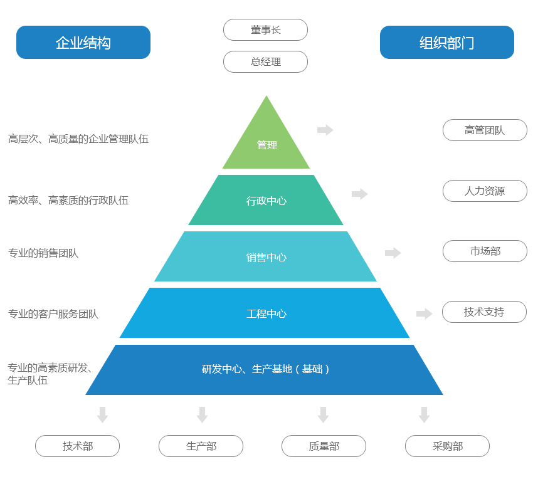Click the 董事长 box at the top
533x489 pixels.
[x=265, y=29]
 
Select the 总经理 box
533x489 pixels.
[x=265, y=61]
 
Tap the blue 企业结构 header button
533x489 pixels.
[x=83, y=43]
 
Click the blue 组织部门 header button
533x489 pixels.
[x=447, y=43]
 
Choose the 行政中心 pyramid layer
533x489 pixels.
[x=266, y=201]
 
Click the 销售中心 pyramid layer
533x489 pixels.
[x=266, y=257]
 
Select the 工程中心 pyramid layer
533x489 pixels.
[x=266, y=313]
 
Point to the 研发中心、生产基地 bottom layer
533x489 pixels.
[x=265, y=369]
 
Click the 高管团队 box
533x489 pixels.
[x=485, y=130]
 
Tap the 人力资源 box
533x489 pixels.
[x=485, y=191]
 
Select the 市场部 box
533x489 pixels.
[x=485, y=251]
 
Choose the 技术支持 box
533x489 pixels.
[x=484, y=312]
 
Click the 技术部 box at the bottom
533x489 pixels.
[x=77, y=446]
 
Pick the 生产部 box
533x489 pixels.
[x=201, y=446]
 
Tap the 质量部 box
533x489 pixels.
[x=324, y=446]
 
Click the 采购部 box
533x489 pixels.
[x=447, y=446]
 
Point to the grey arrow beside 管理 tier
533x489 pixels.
[x=325, y=130]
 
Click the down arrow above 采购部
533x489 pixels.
[x=424, y=414]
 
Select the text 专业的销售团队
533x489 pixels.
[x=43, y=253]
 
